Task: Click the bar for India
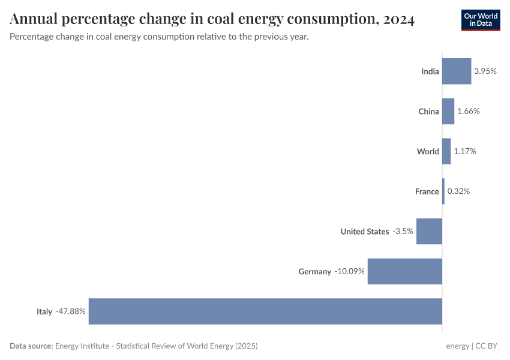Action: point(457,71)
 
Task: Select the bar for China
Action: point(448,111)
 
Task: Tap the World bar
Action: point(446,151)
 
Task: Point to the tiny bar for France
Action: point(443,191)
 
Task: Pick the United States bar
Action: point(429,231)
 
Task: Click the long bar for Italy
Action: point(265,311)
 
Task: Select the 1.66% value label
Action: point(469,111)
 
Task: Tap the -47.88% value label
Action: point(71,311)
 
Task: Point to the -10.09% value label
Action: point(349,271)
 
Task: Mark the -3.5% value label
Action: point(403,231)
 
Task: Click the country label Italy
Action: point(44,311)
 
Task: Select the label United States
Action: point(364,231)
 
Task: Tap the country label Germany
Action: point(314,271)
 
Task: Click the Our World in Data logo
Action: point(481,20)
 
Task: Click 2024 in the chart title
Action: point(397,20)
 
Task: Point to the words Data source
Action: point(31,346)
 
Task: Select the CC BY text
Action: point(488,346)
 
